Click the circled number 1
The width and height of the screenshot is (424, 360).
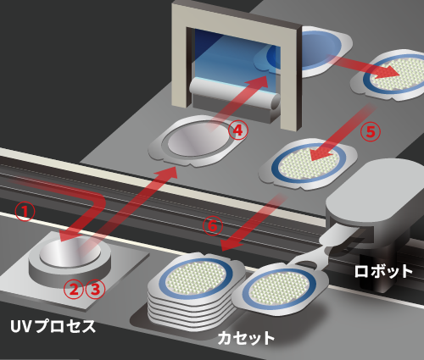click(x=25, y=212)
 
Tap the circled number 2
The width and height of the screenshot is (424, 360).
click(x=74, y=289)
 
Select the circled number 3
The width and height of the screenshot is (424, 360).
click(x=95, y=289)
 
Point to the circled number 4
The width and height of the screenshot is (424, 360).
click(x=238, y=130)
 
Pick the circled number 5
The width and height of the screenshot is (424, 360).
click(x=371, y=132)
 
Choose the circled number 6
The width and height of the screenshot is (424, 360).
click(x=213, y=226)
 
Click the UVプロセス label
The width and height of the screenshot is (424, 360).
click(x=53, y=326)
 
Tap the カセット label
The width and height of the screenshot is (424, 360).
click(x=246, y=338)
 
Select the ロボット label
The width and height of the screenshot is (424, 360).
click(x=383, y=271)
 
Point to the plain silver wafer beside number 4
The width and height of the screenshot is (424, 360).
click(x=198, y=139)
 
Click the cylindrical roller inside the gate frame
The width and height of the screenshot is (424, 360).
click(x=235, y=94)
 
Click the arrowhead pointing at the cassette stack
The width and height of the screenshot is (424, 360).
click(x=231, y=244)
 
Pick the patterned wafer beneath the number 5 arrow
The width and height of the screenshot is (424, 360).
click(x=309, y=163)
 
